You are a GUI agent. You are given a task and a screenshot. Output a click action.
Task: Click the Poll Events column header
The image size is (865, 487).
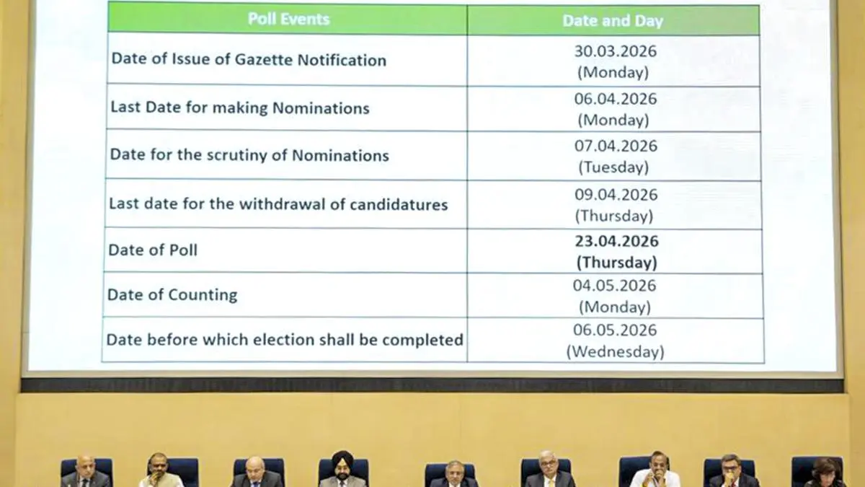(x=288, y=19)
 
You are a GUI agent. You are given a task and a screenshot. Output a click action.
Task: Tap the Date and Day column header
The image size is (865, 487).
(x=612, y=21)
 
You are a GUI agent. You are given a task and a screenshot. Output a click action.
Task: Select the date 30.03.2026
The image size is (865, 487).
(x=615, y=51)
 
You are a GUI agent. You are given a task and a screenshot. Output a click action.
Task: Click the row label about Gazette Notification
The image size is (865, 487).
(x=249, y=60)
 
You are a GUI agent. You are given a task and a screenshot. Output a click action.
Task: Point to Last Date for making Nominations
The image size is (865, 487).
(x=239, y=108)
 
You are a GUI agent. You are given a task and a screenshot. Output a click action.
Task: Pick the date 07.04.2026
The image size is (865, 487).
(x=615, y=146)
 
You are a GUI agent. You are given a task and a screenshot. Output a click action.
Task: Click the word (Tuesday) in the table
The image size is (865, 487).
(x=613, y=167)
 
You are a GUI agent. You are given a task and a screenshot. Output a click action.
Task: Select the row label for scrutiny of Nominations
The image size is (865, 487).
(x=249, y=155)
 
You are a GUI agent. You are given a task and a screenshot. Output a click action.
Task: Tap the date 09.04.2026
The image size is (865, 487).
(x=615, y=195)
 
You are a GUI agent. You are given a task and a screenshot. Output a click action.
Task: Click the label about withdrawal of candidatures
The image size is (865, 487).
(x=278, y=204)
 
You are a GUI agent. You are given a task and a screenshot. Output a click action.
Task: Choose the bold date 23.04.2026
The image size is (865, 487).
(x=616, y=241)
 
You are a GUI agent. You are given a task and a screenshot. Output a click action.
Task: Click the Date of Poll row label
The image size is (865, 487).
(x=153, y=250)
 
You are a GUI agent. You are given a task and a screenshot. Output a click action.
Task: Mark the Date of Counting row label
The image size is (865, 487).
(x=172, y=294)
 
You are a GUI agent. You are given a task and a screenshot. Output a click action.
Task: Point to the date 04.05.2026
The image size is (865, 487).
(x=615, y=286)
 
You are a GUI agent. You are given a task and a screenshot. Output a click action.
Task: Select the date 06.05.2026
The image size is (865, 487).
(x=615, y=330)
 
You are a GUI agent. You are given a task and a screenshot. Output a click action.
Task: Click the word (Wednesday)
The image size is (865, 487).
(x=615, y=352)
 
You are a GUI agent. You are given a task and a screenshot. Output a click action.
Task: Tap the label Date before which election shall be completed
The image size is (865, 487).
(x=285, y=339)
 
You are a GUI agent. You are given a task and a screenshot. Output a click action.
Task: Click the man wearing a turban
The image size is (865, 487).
(x=342, y=471)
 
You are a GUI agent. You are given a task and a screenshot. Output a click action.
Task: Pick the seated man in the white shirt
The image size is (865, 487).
(x=655, y=473)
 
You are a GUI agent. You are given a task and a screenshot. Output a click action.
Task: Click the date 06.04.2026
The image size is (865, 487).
(x=615, y=99)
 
